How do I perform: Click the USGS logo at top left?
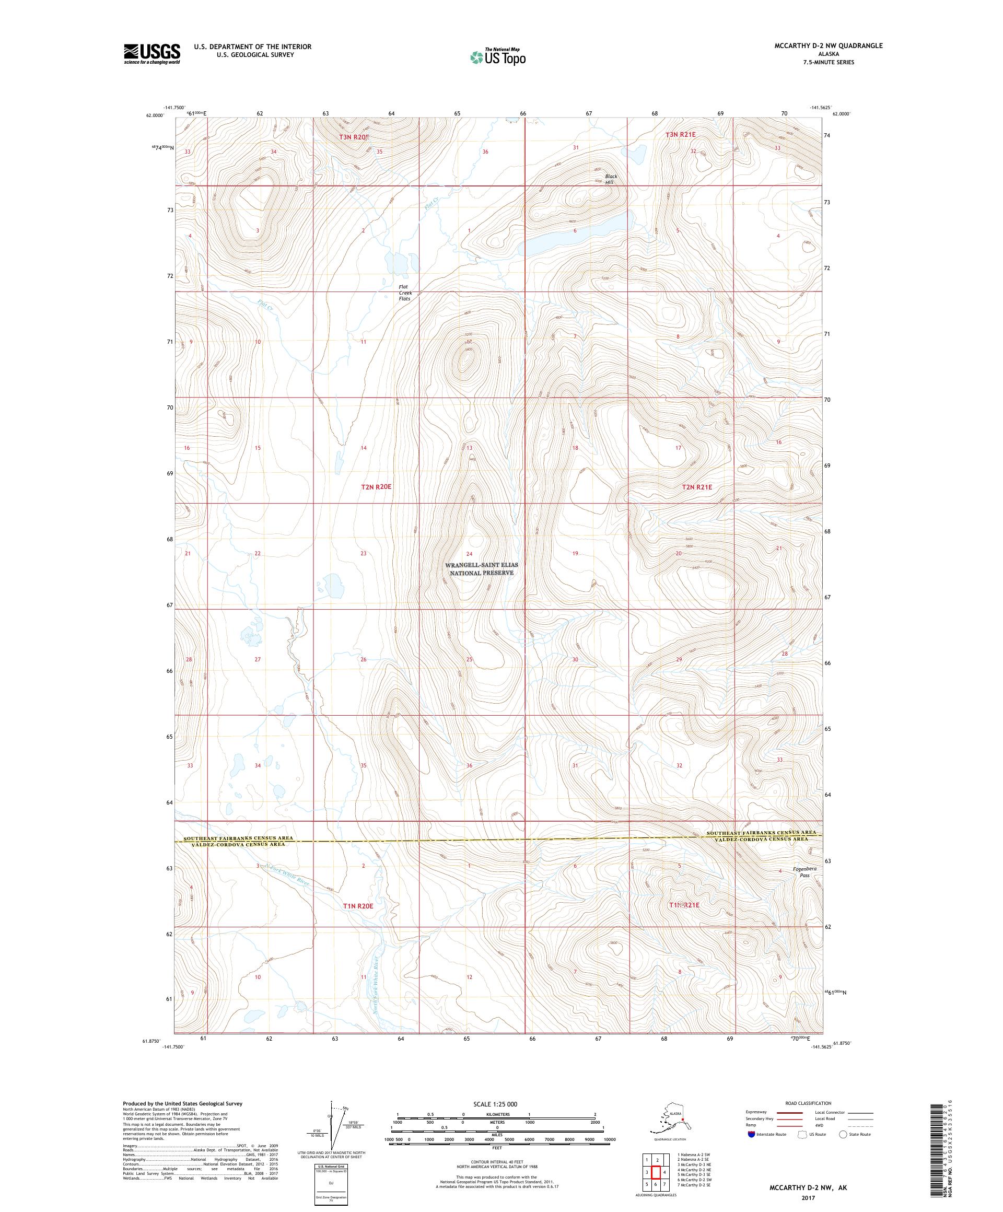[x=151, y=54]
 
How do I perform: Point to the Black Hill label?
[x=611, y=179]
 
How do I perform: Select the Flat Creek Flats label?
[x=404, y=293]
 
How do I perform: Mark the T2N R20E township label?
[x=376, y=486]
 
